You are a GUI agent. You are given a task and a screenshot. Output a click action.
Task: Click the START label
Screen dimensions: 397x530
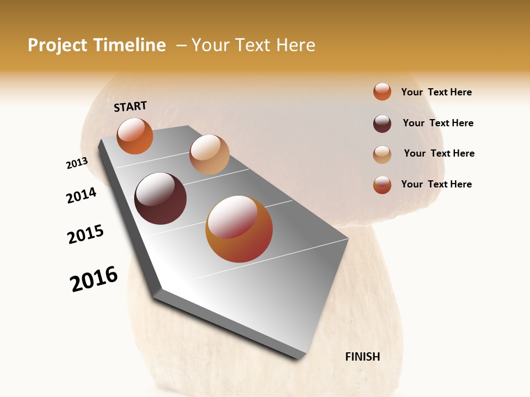point(130,106)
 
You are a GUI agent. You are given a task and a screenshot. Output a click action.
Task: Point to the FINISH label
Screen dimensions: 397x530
point(362,357)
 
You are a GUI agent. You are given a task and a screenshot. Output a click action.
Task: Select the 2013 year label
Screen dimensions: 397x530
point(77,163)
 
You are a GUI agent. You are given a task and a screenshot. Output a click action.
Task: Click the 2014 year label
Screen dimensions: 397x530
point(82,195)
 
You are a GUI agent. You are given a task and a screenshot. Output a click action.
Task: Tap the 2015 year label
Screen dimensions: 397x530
point(86,234)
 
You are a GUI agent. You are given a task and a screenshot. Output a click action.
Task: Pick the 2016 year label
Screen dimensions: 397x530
point(94,279)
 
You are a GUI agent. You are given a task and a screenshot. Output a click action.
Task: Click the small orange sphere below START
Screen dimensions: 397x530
point(135,136)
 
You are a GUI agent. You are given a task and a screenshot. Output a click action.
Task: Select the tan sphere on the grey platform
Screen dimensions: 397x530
point(209,154)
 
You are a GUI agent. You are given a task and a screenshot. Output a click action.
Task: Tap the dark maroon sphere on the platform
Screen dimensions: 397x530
point(161,198)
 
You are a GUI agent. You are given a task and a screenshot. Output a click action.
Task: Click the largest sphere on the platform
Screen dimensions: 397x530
point(239,229)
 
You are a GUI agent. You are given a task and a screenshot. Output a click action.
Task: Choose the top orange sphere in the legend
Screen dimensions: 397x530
point(382,92)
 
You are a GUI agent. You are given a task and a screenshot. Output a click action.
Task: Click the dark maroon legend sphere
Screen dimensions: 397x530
point(382,124)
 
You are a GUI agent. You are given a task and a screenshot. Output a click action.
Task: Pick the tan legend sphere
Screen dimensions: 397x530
point(382,154)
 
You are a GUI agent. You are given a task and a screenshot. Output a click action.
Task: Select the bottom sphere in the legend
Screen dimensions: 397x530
point(382,185)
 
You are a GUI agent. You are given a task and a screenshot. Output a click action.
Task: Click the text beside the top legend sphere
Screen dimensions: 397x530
point(436,92)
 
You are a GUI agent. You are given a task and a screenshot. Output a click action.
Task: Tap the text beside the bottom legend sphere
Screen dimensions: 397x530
point(436,184)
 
